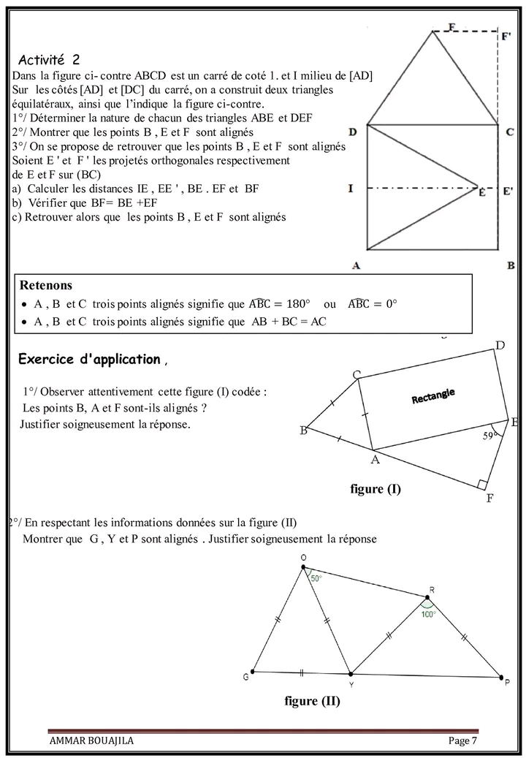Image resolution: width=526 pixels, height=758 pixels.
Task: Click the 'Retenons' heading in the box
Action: pyautogui.click(x=45, y=284)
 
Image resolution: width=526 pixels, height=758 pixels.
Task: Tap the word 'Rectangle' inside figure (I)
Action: pyautogui.click(x=433, y=395)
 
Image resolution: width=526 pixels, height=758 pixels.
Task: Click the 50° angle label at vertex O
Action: pyautogui.click(x=316, y=578)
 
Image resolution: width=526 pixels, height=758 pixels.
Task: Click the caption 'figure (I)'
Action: pyautogui.click(x=376, y=489)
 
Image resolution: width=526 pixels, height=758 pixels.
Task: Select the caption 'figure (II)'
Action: pyautogui.click(x=312, y=701)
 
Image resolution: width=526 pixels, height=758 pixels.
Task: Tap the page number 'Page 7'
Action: pyautogui.click(x=462, y=740)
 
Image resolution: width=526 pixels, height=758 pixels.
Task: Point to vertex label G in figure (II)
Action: pyautogui.click(x=245, y=678)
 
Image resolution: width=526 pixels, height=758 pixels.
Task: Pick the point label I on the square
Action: pyautogui.click(x=351, y=189)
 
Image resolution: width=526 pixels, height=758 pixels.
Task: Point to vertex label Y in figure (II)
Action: pyautogui.click(x=351, y=684)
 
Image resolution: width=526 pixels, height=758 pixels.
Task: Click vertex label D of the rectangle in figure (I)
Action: pyautogui.click(x=500, y=345)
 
